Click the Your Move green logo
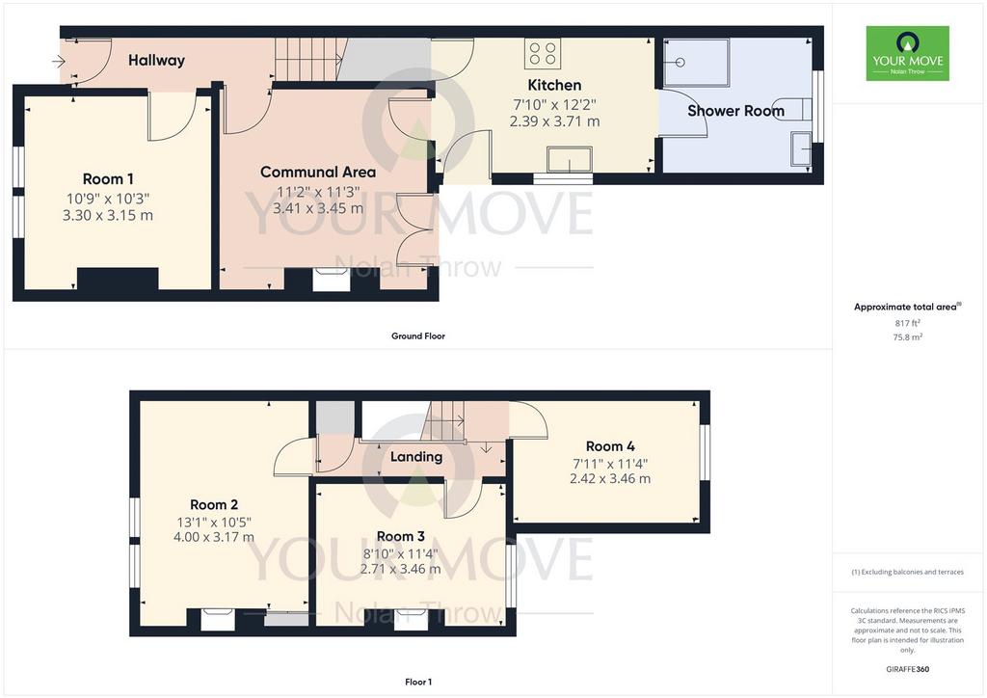coord(907,53)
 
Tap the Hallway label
coord(157,61)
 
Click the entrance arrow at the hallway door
coord(59,61)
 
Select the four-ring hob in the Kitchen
coord(543,53)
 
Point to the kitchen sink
coord(570,159)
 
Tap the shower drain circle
coord(680,63)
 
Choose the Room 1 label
coord(108,178)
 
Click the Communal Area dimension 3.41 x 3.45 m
coord(318,208)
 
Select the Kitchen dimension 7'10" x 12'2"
coord(554,104)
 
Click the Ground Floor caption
coord(418,336)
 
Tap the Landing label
coord(416,457)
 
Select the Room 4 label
coord(610,446)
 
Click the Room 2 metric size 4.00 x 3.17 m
coord(214,538)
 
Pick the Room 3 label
coord(400,536)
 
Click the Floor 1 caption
coord(418,682)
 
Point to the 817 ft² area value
coord(908,323)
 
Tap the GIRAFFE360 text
coord(908,669)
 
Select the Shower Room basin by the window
coord(801,148)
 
